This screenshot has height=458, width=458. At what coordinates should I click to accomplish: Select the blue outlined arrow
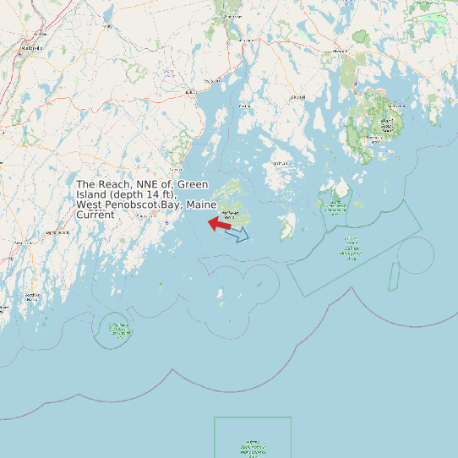(x=238, y=234)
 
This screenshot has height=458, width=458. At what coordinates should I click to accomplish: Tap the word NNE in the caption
(x=149, y=184)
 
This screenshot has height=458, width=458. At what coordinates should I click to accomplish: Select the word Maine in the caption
(x=203, y=204)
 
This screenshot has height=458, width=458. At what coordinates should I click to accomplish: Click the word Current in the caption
(x=95, y=215)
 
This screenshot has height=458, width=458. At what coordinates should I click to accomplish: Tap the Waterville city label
(x=31, y=48)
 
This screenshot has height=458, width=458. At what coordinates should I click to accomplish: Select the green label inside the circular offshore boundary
(x=117, y=330)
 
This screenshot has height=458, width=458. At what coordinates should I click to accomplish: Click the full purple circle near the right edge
(x=416, y=255)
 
